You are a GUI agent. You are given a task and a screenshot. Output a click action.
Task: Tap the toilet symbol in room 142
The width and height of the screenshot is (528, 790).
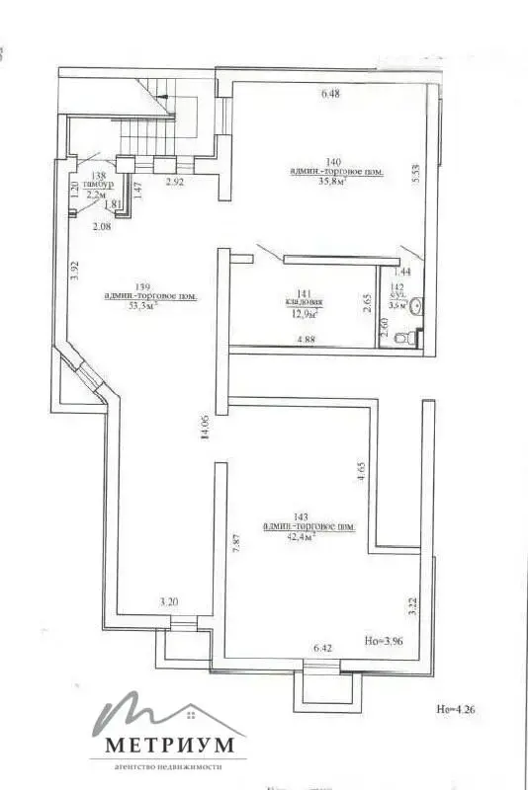point(401,338)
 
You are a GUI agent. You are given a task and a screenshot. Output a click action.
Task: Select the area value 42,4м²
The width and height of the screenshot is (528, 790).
point(308,537)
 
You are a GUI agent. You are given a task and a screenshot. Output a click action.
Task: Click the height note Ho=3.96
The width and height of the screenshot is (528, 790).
point(387,641)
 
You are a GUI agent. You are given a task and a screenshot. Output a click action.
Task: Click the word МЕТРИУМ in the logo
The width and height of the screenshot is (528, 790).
point(164,743)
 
